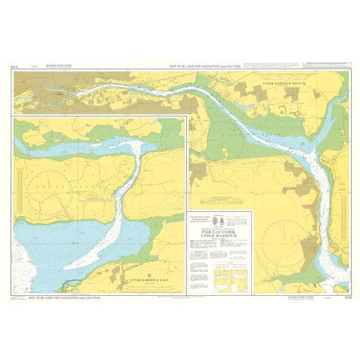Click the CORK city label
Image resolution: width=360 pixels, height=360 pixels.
tap(58, 94)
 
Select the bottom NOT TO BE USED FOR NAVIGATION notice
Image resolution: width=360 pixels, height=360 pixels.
tap(69, 296)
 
